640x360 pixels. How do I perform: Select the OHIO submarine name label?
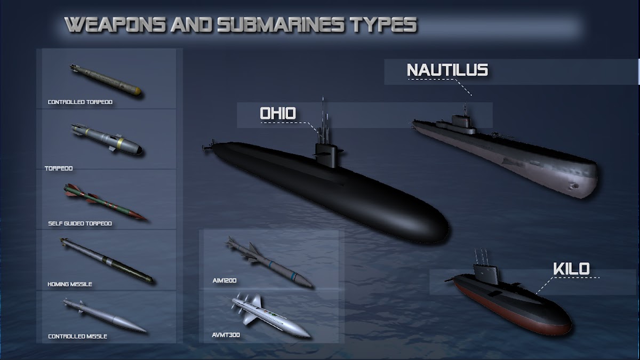point(278,113)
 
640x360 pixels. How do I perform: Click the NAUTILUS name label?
point(447,70)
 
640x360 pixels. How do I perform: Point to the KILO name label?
point(571,269)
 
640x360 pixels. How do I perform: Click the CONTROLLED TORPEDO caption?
point(80,102)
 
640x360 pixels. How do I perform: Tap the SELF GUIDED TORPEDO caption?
point(80,223)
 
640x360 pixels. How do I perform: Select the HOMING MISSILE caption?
point(70,284)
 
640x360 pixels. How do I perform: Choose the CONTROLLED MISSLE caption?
point(78,337)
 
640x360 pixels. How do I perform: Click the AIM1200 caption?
point(225,281)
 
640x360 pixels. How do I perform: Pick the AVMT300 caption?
point(226,335)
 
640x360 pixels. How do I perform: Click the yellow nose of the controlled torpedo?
point(138,91)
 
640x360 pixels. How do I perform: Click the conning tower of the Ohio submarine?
point(326,155)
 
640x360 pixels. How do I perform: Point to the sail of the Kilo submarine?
point(486,273)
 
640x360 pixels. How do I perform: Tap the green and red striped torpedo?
point(106,202)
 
